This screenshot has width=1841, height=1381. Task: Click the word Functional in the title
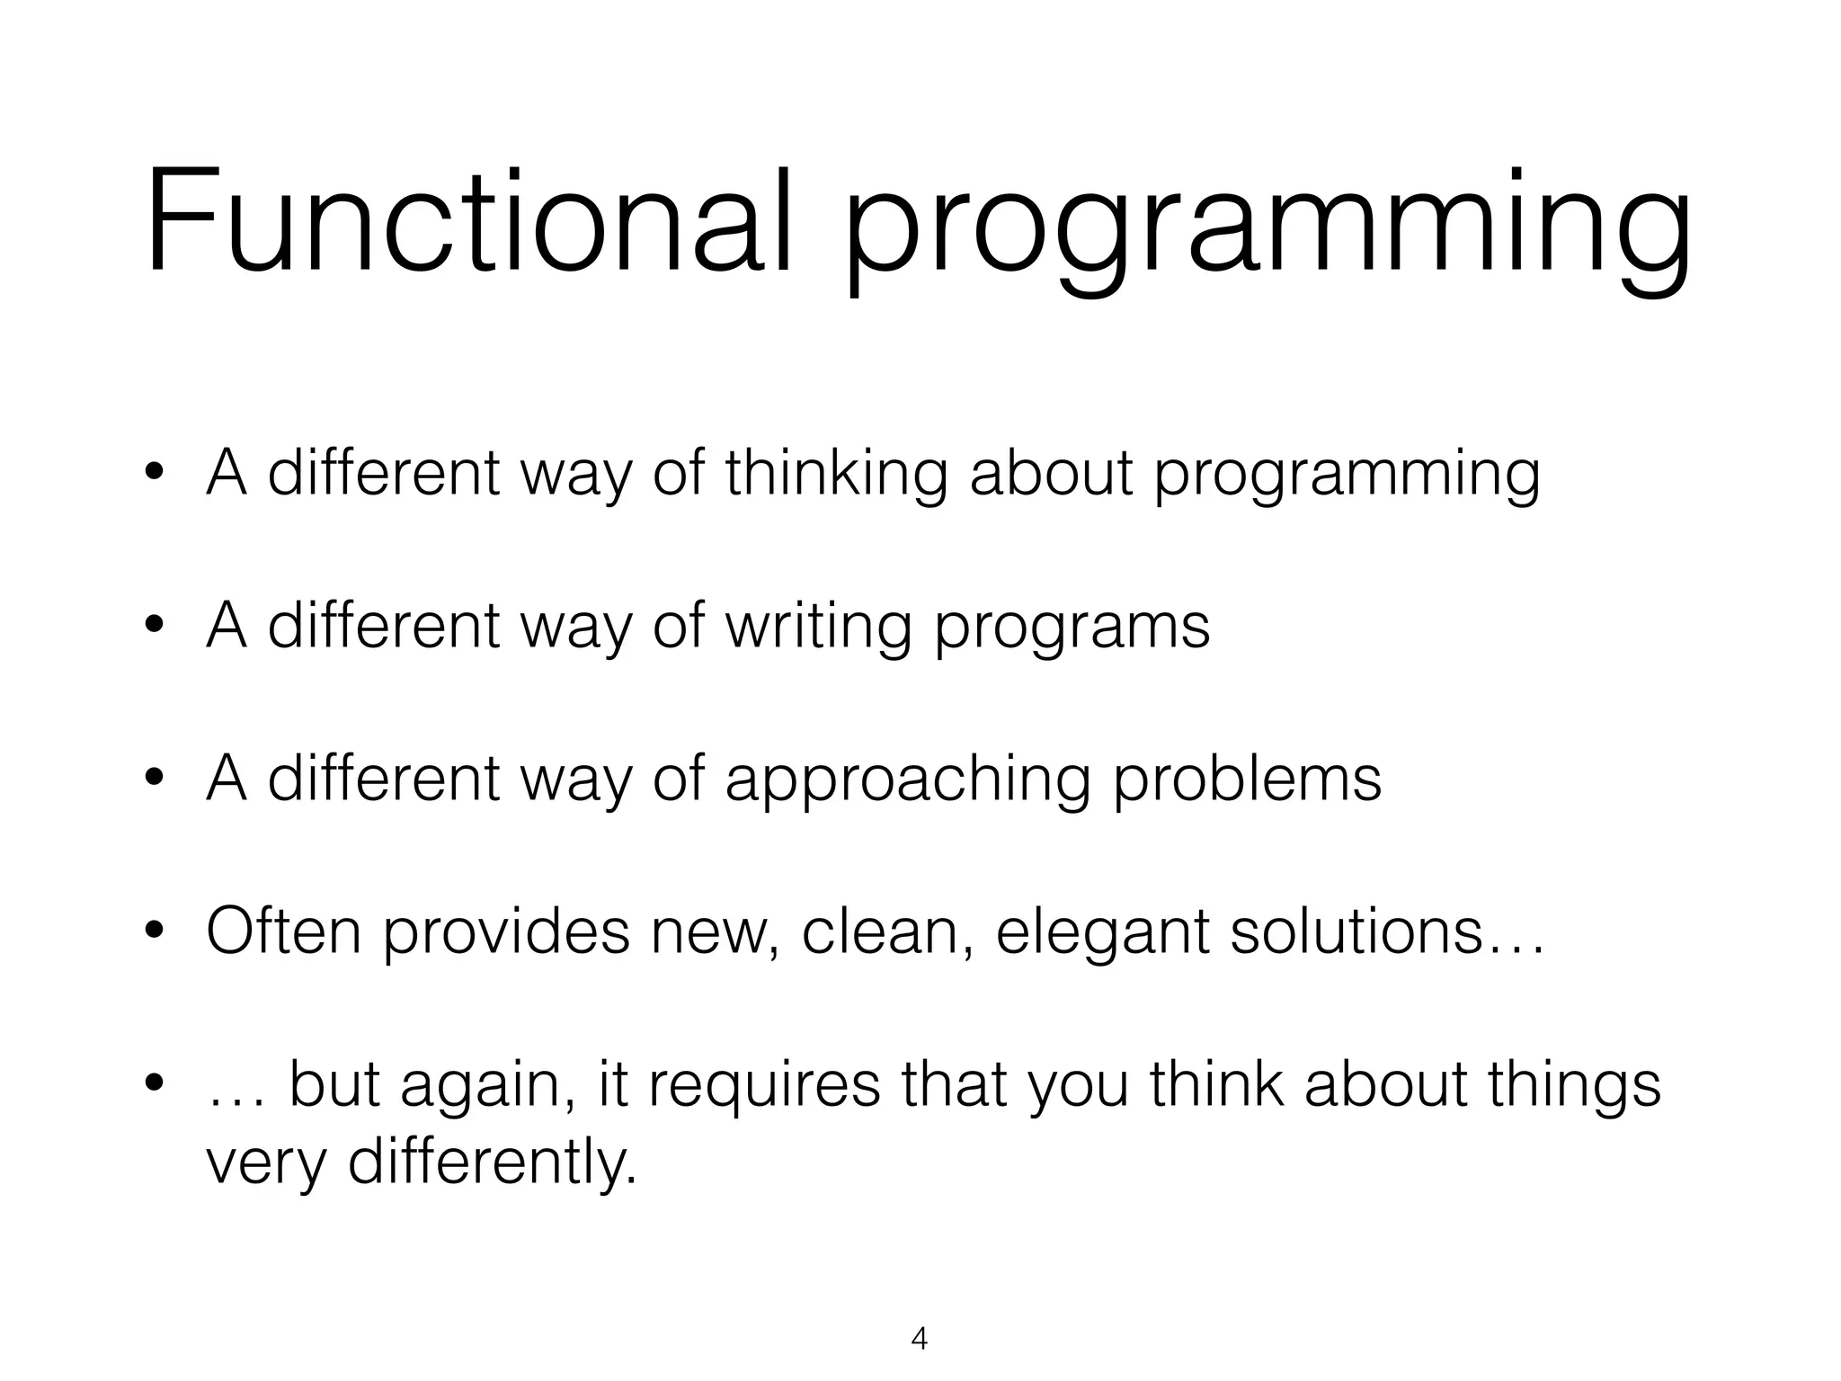click(x=468, y=221)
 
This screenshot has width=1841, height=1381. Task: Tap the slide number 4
click(x=919, y=1339)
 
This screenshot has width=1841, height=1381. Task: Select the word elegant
click(x=1102, y=935)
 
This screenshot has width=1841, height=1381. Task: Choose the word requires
click(x=764, y=1088)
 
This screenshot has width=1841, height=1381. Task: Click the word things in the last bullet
click(x=1573, y=1088)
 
